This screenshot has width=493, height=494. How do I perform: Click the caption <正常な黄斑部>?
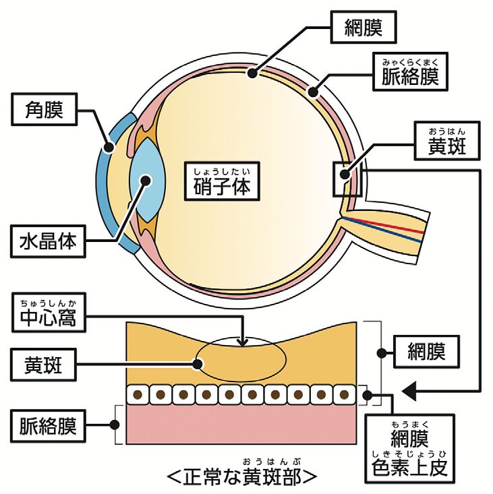(x=241, y=476)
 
